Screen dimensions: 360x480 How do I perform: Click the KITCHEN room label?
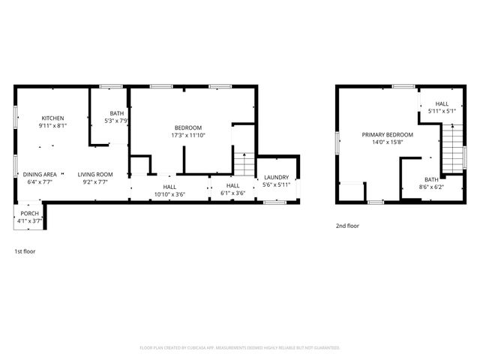point(52,118)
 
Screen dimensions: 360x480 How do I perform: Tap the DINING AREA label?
point(40,174)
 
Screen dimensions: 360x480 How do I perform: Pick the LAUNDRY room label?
point(275,178)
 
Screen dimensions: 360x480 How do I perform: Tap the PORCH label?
point(29,214)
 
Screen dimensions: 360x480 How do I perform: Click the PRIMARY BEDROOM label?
point(387,135)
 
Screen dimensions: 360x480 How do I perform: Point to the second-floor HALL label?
point(442,104)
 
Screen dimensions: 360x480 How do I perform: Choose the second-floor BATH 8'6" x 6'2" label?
point(431,179)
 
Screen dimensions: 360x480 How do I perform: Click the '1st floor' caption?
point(25,251)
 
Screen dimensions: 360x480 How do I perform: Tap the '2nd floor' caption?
point(347,225)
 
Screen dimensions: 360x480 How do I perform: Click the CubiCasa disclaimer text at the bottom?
point(240,348)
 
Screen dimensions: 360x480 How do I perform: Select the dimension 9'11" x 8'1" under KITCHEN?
point(52,126)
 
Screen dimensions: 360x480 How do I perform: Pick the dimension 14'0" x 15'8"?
point(387,142)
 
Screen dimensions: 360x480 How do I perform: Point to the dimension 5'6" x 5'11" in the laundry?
point(275,184)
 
